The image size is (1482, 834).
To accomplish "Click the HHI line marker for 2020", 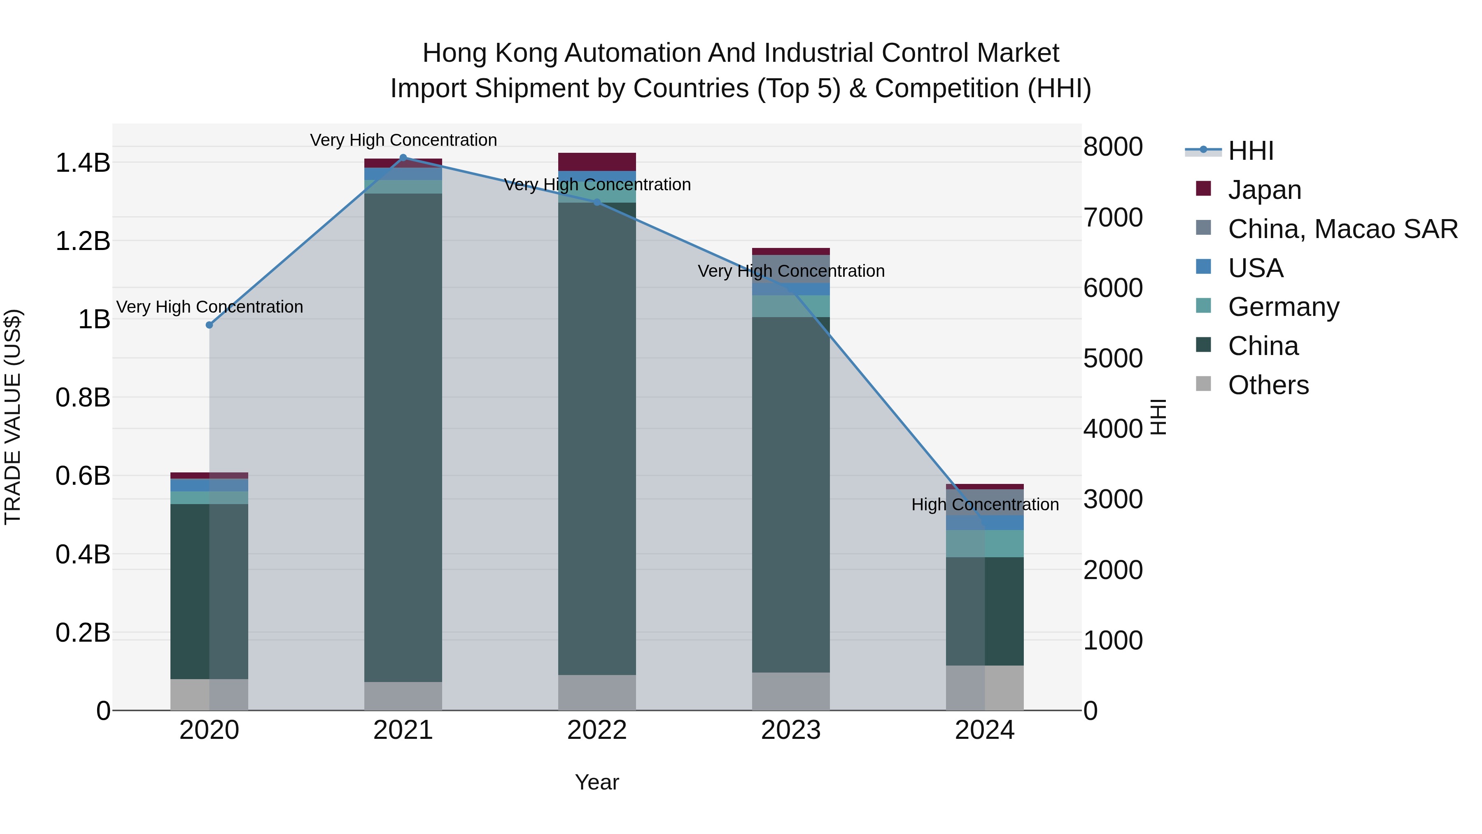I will point(210,325).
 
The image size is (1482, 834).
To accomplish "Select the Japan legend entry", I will point(1264,190).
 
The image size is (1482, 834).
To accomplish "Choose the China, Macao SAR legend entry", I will point(1342,229).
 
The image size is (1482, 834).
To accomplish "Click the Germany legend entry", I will point(1283,307).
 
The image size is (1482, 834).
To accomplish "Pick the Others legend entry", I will point(1268,385).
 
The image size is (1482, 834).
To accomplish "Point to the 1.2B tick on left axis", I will point(83,241).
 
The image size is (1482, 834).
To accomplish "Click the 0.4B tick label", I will point(83,555).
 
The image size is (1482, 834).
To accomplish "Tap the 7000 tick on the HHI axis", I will point(1113,217).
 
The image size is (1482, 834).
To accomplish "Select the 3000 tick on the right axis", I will point(1113,500).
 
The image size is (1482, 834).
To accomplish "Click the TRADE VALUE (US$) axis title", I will point(13,417).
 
